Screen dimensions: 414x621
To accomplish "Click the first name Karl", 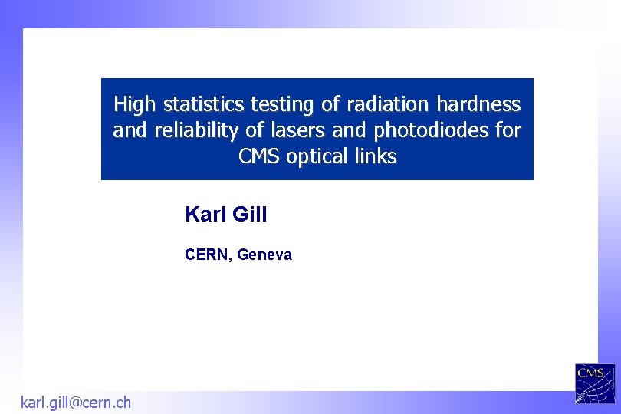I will [204, 215].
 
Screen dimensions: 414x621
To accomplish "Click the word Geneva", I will [265, 255].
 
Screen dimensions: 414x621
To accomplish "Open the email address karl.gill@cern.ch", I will [75, 402].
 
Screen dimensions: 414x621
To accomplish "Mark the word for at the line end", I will [508, 130].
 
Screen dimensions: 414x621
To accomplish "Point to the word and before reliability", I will [130, 130].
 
